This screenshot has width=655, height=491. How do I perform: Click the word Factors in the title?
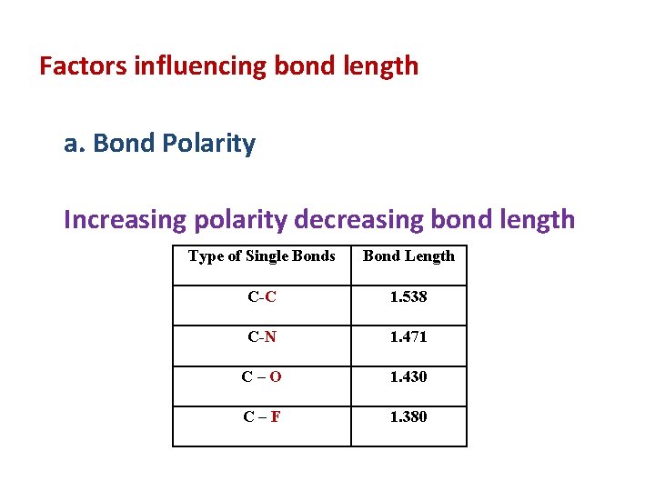(83, 66)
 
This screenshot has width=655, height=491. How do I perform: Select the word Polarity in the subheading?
(211, 144)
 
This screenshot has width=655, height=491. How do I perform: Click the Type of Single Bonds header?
(262, 256)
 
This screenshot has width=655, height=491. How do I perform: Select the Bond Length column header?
(408, 256)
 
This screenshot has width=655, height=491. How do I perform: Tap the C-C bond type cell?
(262, 297)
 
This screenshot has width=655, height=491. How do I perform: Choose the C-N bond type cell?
(262, 337)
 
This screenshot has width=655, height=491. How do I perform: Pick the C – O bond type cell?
(262, 377)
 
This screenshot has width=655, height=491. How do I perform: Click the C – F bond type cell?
(262, 417)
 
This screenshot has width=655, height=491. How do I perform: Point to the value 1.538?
(408, 297)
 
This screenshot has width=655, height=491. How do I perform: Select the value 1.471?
(408, 337)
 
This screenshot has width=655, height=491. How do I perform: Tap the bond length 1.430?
(408, 377)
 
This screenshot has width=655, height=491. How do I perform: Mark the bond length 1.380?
(408, 417)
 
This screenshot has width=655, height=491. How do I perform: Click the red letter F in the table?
(275, 417)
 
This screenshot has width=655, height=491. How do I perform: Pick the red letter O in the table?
(276, 377)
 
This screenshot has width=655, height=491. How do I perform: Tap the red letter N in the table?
(270, 337)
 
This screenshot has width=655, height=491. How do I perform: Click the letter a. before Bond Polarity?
(75, 144)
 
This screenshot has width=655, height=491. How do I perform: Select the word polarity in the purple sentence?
(238, 219)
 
